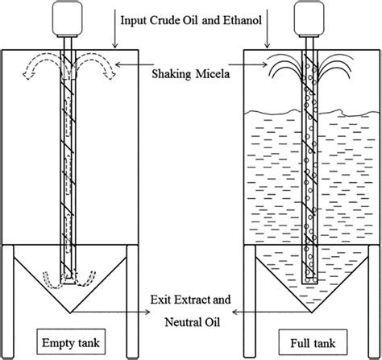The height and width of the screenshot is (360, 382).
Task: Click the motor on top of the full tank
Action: click(x=309, y=19)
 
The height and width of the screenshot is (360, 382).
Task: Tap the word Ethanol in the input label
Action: click(x=243, y=20)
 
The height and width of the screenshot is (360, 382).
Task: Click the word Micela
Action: click(x=213, y=74)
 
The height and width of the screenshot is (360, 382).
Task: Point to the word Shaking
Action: click(x=172, y=74)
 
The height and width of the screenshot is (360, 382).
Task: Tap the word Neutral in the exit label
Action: click(x=184, y=322)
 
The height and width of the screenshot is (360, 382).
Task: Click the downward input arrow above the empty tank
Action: click(x=115, y=29)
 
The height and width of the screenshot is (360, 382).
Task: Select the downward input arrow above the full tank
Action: click(x=267, y=29)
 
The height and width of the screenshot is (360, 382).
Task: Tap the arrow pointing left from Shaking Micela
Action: click(x=134, y=64)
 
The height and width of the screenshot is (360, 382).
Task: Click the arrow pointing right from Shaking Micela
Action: click(x=247, y=64)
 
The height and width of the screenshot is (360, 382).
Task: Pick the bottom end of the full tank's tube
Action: click(x=309, y=282)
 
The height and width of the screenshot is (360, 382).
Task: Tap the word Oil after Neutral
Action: click(x=213, y=322)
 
